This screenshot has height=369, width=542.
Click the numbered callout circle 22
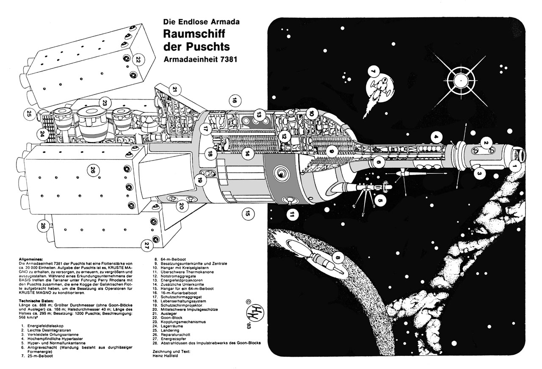tap(138, 59)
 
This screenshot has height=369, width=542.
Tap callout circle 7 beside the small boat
tap(373, 72)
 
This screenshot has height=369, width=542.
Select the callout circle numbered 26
tap(93, 170)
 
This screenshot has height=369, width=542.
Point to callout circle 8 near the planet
tap(338, 258)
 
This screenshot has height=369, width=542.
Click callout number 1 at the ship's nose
tap(514, 166)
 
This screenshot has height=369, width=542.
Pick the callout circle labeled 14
tap(247, 153)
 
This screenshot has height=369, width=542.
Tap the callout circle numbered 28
tap(43, 226)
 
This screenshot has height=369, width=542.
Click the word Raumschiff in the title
tap(194, 34)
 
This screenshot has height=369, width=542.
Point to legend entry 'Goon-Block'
tap(171, 317)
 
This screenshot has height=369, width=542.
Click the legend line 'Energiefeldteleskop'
tap(45, 326)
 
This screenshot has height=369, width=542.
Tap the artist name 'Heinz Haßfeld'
tap(166, 356)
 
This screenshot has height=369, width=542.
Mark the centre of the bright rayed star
tap(461, 80)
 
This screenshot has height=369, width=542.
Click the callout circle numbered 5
tap(380, 200)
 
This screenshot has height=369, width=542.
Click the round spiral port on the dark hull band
tap(281, 173)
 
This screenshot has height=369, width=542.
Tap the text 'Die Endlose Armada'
tap(201, 22)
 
